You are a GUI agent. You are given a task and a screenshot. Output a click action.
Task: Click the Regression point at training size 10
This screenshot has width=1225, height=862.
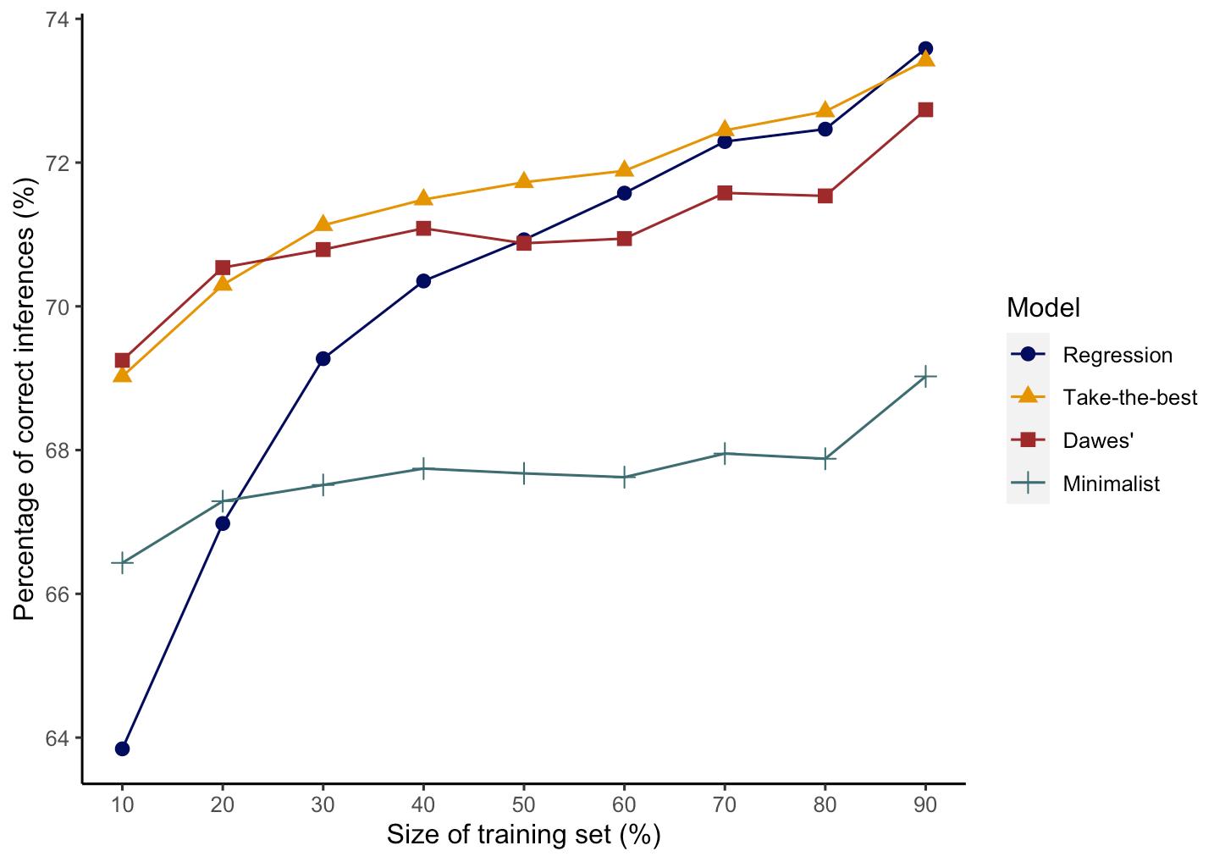pyautogui.click(x=122, y=749)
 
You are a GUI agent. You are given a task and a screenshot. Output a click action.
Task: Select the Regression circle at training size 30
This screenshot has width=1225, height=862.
pyautogui.click(x=323, y=358)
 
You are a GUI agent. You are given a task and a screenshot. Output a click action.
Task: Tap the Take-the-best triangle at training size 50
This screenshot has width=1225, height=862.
pyautogui.click(x=524, y=181)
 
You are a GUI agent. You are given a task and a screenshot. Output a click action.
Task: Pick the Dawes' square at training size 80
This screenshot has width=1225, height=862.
pyautogui.click(x=825, y=196)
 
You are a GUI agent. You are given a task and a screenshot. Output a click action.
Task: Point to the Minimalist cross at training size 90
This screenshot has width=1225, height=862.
pyautogui.click(x=925, y=376)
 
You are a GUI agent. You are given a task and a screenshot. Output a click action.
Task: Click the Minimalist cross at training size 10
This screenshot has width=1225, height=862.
pyautogui.click(x=122, y=562)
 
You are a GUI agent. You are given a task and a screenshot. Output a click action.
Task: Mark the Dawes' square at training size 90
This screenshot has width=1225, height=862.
pyautogui.click(x=925, y=109)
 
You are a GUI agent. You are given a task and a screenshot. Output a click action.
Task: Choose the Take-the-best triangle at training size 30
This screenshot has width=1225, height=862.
pyautogui.click(x=323, y=224)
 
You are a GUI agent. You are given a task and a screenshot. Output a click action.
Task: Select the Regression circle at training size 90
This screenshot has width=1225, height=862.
pyautogui.click(x=925, y=48)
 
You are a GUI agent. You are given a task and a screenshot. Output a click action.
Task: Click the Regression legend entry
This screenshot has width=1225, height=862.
pyautogui.click(x=1117, y=355)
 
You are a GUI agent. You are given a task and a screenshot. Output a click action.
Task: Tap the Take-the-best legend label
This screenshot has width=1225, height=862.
pyautogui.click(x=1130, y=397)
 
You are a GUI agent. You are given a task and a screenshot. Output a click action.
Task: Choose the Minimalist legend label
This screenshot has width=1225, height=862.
pyautogui.click(x=1112, y=484)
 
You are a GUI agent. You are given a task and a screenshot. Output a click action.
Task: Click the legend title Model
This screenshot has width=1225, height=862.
pyautogui.click(x=1043, y=307)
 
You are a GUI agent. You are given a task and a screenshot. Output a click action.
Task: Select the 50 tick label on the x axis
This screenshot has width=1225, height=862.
pyautogui.click(x=524, y=804)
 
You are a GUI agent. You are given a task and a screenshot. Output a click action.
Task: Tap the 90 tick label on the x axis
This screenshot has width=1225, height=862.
pyautogui.click(x=925, y=804)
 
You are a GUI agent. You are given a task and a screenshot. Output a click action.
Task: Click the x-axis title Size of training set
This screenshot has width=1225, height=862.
pyautogui.click(x=523, y=835)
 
